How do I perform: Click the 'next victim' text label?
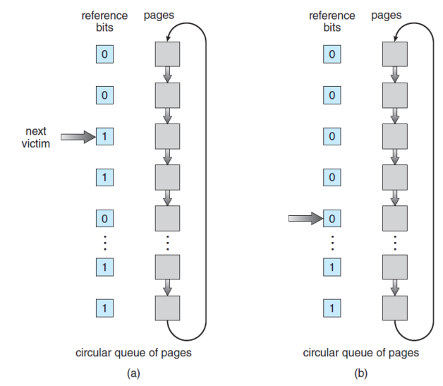point(35,137)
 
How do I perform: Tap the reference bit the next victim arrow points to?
point(104,137)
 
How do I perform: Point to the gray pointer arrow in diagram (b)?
point(305,219)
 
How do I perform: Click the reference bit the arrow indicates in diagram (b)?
point(332,219)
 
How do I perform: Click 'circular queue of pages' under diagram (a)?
point(133,352)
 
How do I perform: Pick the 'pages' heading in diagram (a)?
point(159,15)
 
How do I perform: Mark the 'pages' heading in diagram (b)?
point(387,15)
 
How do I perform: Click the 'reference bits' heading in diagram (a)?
point(104,21)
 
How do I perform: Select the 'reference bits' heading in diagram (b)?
point(332,21)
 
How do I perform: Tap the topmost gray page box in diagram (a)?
point(168,54)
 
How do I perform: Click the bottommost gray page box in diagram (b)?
point(395,307)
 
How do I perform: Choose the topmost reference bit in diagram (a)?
point(104,54)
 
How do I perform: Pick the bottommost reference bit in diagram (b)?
point(332,307)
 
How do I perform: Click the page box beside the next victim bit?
point(168,136)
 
